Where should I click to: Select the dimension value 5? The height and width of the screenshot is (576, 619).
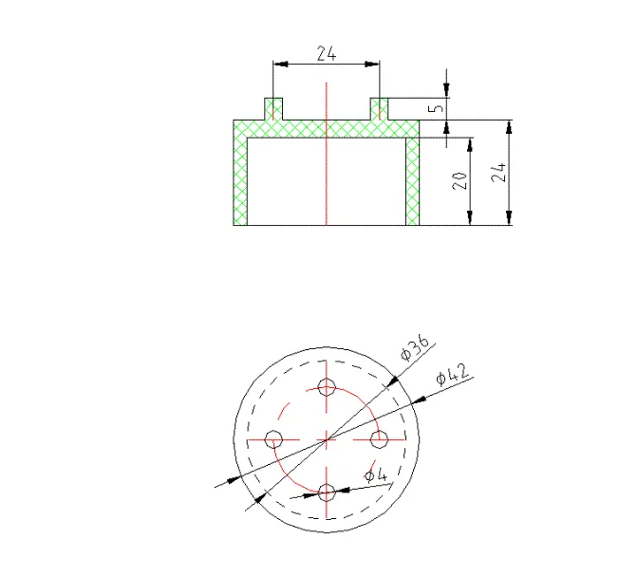(436, 109)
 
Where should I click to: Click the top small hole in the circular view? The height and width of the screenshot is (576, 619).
(328, 387)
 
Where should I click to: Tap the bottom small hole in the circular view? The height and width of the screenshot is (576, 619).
(328, 492)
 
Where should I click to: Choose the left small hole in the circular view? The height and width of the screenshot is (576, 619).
(275, 439)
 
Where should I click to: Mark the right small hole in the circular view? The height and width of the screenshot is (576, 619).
(380, 439)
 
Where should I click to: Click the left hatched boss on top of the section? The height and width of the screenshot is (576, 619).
(273, 109)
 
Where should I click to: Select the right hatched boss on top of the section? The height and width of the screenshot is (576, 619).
(380, 109)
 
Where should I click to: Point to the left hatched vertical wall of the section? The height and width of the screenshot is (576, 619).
(240, 180)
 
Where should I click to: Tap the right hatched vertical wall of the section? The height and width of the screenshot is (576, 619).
(413, 180)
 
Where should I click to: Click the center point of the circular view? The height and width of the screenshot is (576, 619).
(328, 439)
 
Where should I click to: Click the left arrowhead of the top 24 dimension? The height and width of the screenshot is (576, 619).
(278, 65)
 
